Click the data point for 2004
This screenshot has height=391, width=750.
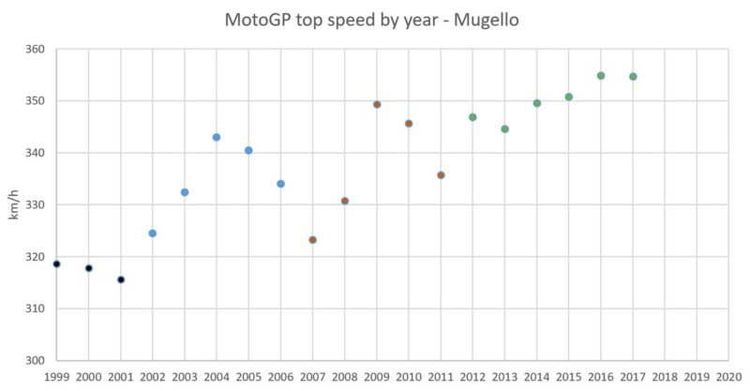217,137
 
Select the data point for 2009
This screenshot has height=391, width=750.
377,104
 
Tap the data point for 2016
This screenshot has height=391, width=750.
601,76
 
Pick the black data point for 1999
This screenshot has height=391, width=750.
56,264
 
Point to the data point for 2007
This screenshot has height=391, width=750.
312,240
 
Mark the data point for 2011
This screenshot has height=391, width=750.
441,175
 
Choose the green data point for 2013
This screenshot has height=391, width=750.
504,129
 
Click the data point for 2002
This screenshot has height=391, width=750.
153,233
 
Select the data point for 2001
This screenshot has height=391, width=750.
121,279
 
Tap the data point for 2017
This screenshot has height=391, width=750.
633,77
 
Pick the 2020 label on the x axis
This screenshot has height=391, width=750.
728,377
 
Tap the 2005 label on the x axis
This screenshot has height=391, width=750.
248,377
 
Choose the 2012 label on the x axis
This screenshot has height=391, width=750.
472,377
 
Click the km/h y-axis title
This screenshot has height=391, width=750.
13,204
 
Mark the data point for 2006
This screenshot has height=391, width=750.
280,184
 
